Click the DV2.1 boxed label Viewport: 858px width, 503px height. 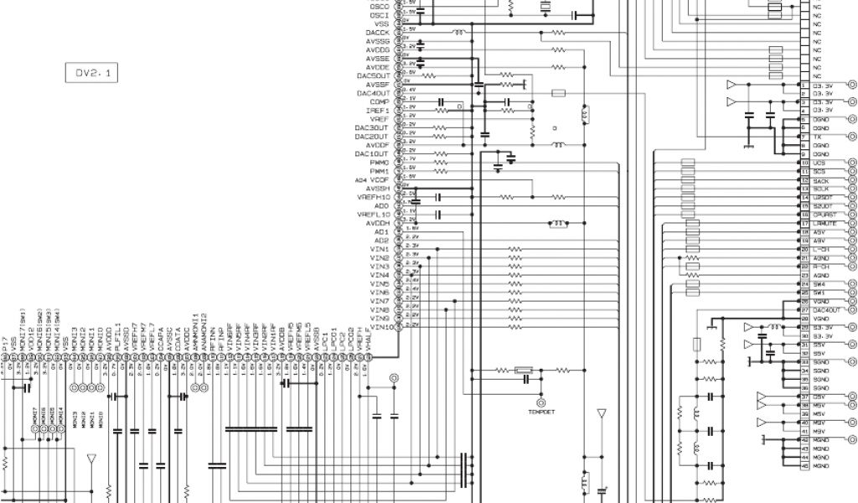[92, 73]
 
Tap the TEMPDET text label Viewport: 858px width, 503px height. [540, 412]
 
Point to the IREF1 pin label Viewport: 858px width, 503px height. [378, 110]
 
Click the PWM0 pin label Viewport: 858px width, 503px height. [379, 163]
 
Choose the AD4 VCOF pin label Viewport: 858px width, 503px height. [372, 179]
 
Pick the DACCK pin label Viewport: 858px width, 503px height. [378, 32]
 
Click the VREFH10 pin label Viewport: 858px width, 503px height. [374, 197]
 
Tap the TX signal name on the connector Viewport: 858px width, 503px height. [816, 137]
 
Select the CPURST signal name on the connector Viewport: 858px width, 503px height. [822, 215]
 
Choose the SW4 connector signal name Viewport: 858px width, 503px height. [819, 284]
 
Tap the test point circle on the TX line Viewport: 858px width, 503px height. [852, 137]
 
